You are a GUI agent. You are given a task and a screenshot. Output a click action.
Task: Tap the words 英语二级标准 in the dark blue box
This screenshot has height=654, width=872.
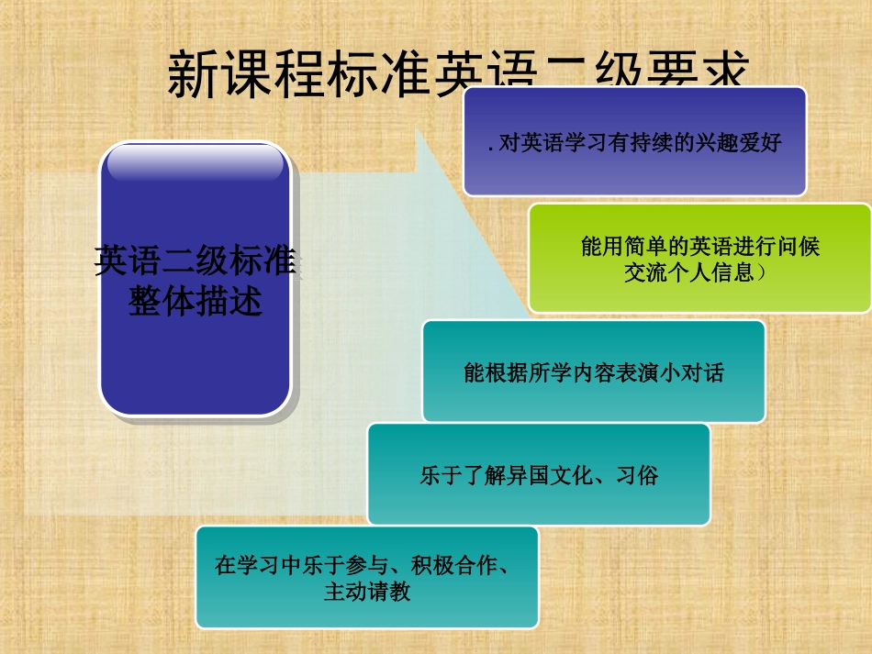tap(196, 261)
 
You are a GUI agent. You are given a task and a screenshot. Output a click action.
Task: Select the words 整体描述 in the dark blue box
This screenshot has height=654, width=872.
tap(196, 300)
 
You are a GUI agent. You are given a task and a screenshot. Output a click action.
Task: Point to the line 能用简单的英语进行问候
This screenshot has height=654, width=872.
tap(700, 247)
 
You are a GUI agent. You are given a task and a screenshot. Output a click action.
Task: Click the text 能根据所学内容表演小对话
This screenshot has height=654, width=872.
tap(594, 373)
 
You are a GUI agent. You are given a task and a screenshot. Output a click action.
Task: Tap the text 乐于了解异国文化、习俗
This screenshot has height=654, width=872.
tap(539, 476)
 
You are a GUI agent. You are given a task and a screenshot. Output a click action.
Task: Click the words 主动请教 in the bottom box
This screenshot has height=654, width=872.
tap(366, 592)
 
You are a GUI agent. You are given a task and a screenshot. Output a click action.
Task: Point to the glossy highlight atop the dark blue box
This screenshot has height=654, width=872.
tap(196, 163)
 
